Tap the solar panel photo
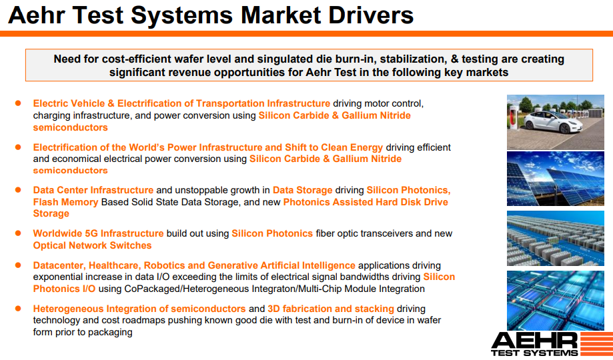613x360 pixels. click(555, 178)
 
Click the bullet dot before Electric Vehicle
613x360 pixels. click(19, 103)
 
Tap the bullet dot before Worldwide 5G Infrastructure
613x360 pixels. click(19, 233)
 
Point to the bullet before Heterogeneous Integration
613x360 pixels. click(19, 309)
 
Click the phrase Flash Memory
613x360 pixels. click(65, 202)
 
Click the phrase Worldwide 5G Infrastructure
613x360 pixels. click(98, 233)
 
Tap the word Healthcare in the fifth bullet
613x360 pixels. click(118, 265)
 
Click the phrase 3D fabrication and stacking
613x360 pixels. click(330, 309)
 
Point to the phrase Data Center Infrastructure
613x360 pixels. click(93, 190)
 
